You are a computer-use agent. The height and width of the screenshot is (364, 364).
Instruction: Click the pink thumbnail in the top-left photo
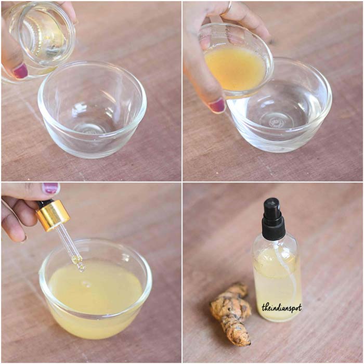21,71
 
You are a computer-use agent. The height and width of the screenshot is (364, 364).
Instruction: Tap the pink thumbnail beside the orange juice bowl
216,105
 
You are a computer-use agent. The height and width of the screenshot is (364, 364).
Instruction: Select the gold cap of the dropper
53,215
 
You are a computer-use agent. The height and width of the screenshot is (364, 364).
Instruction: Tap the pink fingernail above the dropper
50,188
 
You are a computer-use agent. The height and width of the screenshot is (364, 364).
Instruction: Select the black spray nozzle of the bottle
272,218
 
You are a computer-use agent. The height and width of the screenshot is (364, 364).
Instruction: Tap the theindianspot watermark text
281,307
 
